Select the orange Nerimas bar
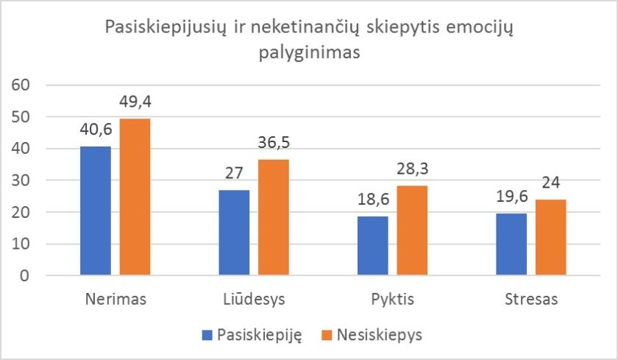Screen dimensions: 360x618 [x=135, y=197]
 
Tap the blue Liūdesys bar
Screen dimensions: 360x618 [x=235, y=233]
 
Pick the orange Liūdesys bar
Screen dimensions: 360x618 [x=273, y=217]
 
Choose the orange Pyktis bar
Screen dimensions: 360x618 [x=412, y=230]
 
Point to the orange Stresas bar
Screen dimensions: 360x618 [x=550, y=237]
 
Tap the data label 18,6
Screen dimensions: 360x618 [x=374, y=199]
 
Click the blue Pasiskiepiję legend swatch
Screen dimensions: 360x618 [x=207, y=335]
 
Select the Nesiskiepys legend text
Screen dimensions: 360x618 [x=380, y=335]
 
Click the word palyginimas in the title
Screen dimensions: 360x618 [x=308, y=54]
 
